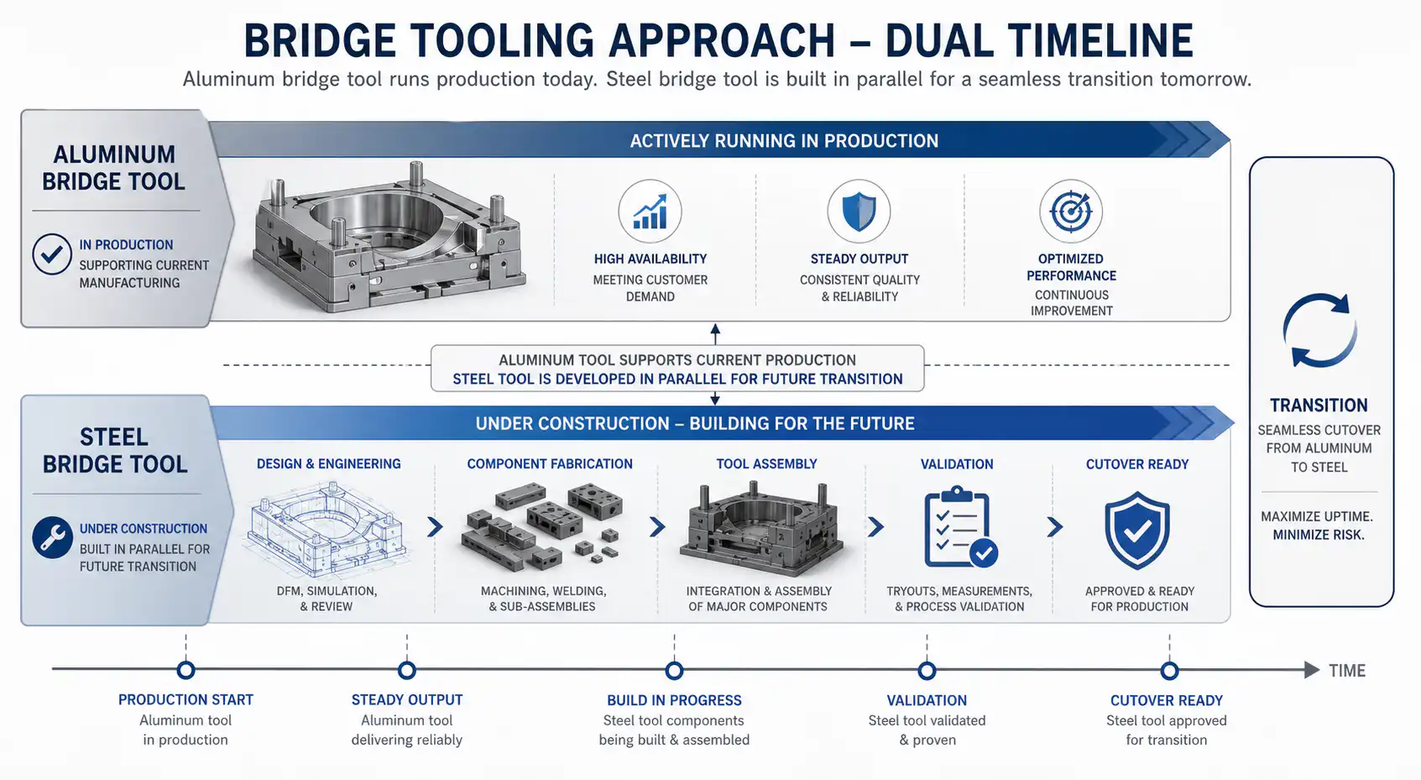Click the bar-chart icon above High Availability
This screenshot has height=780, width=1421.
(x=650, y=212)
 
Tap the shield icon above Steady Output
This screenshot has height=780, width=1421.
(x=859, y=212)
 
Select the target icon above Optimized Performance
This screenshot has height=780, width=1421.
(x=1071, y=212)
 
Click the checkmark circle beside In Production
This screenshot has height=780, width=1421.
(x=52, y=254)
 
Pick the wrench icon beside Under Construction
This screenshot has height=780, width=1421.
(x=52, y=537)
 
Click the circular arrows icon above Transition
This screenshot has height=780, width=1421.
(x=1319, y=330)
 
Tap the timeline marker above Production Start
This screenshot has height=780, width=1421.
(x=185, y=670)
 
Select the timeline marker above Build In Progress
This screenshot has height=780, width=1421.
(x=674, y=670)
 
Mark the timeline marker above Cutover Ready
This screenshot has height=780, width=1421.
(x=1170, y=670)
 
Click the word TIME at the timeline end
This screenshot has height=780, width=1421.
(x=1347, y=671)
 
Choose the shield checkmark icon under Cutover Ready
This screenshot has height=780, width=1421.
(x=1136, y=529)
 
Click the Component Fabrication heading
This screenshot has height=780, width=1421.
(x=550, y=464)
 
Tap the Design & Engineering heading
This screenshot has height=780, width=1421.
(x=329, y=464)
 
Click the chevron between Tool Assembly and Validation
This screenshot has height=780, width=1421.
(x=875, y=526)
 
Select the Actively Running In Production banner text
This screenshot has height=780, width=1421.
(x=784, y=141)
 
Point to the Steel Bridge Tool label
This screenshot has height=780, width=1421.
(x=115, y=451)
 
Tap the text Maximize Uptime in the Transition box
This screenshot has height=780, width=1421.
(x=1317, y=516)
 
